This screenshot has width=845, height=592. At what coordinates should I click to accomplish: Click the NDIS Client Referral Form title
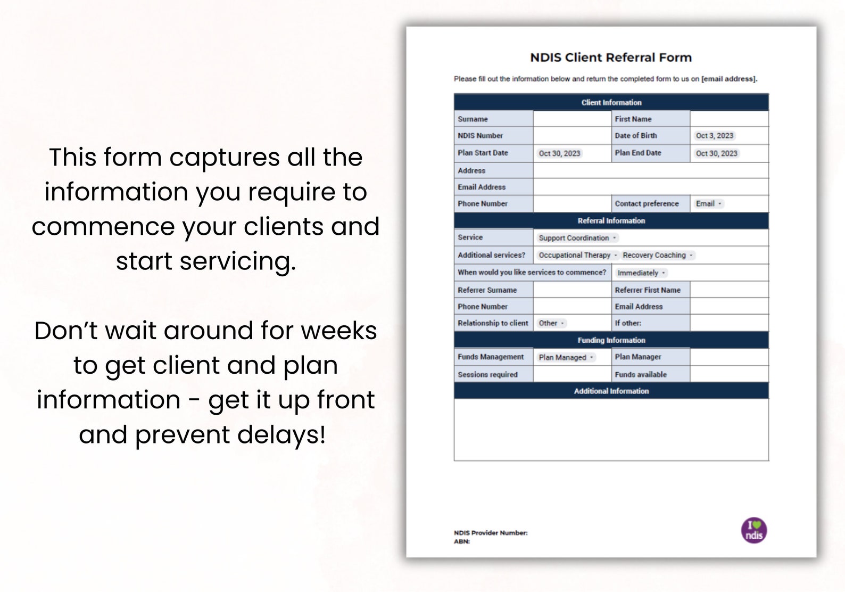pyautogui.click(x=611, y=57)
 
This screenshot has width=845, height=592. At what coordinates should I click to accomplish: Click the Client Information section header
pyautogui.click(x=611, y=102)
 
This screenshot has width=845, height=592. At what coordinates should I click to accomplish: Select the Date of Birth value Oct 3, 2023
pyautogui.click(x=714, y=136)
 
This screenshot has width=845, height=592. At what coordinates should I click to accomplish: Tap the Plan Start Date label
pyautogui.click(x=483, y=153)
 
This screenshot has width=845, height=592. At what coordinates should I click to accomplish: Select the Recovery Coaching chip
pyautogui.click(x=658, y=256)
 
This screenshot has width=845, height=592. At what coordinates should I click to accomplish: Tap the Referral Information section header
pyautogui.click(x=611, y=220)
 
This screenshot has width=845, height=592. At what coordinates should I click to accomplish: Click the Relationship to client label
pyautogui.click(x=493, y=323)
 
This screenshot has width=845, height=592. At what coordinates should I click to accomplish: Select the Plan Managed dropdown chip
pyautogui.click(x=566, y=358)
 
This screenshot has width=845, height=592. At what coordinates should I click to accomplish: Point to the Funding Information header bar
pyautogui.click(x=611, y=340)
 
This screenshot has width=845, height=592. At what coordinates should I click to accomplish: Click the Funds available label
pyautogui.click(x=641, y=375)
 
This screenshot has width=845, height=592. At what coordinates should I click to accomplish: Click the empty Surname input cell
pyautogui.click(x=572, y=119)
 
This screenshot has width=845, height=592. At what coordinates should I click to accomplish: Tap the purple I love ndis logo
pyautogui.click(x=754, y=531)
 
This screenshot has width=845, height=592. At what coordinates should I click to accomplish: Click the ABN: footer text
pyautogui.click(x=462, y=541)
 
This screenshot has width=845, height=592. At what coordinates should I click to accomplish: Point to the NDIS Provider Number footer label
pyautogui.click(x=491, y=533)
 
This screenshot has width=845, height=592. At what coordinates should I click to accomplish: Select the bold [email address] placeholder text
pyautogui.click(x=729, y=79)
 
